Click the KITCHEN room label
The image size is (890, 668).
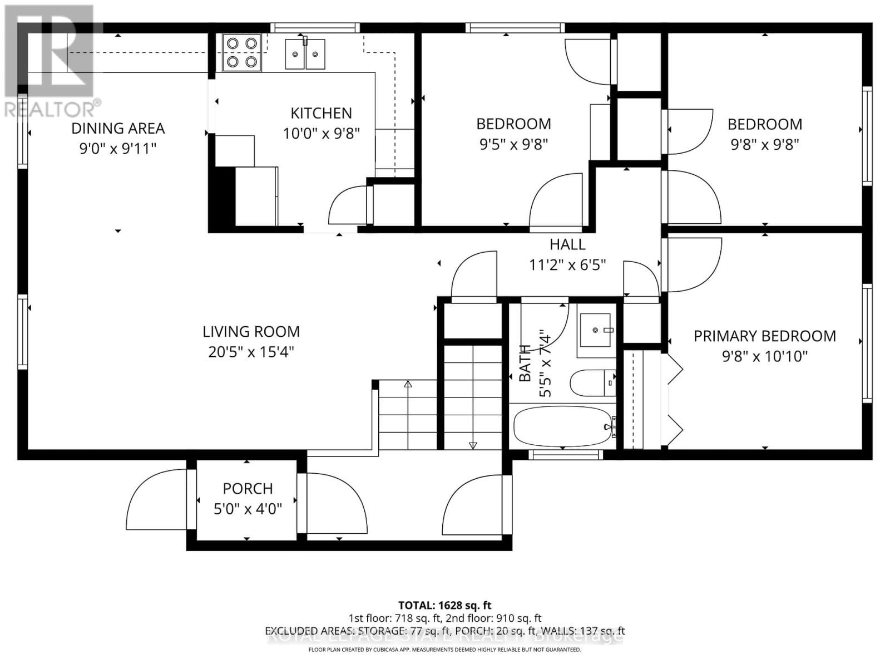point(321,113)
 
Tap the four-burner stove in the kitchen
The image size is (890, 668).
point(241,52)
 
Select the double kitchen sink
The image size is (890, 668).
point(305,55)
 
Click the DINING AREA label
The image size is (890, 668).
point(118,128)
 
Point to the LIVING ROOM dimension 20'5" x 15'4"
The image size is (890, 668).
point(251,352)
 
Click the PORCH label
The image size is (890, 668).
point(248,488)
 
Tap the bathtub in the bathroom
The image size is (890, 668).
point(563,426)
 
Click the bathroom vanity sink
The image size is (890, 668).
point(596,331)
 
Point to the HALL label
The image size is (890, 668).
point(567,244)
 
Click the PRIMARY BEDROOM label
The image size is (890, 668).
point(764,336)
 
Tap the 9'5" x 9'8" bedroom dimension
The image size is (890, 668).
point(513,144)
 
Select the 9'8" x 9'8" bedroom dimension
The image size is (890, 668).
point(764,144)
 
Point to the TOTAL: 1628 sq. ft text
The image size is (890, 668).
point(444,605)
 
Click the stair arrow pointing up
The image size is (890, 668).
point(408,384)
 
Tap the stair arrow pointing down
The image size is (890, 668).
point(473,445)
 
